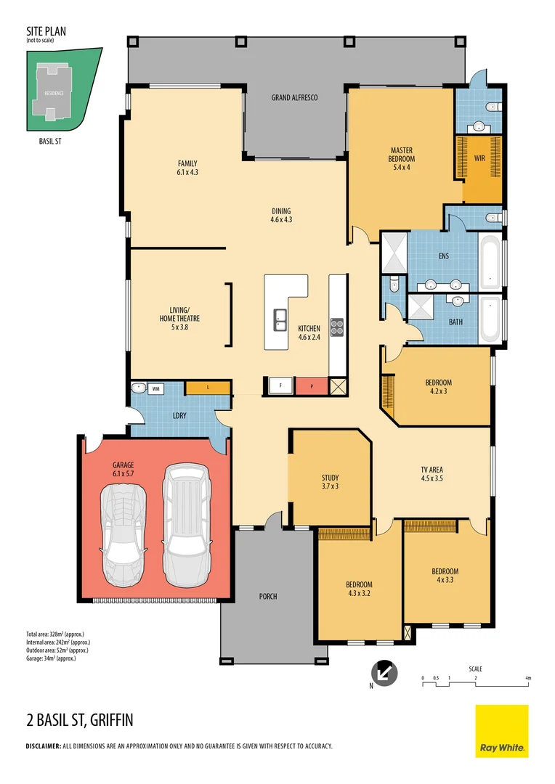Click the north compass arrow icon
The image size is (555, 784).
384,673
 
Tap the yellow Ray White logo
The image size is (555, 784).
501,730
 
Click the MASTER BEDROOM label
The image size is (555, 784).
401,159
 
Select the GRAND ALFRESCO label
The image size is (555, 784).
294,97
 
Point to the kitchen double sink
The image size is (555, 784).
280,317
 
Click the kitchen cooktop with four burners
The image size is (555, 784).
338,327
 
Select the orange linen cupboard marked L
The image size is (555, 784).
208,388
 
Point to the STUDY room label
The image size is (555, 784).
330,481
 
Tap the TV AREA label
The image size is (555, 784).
432,474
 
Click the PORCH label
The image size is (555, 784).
267,597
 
